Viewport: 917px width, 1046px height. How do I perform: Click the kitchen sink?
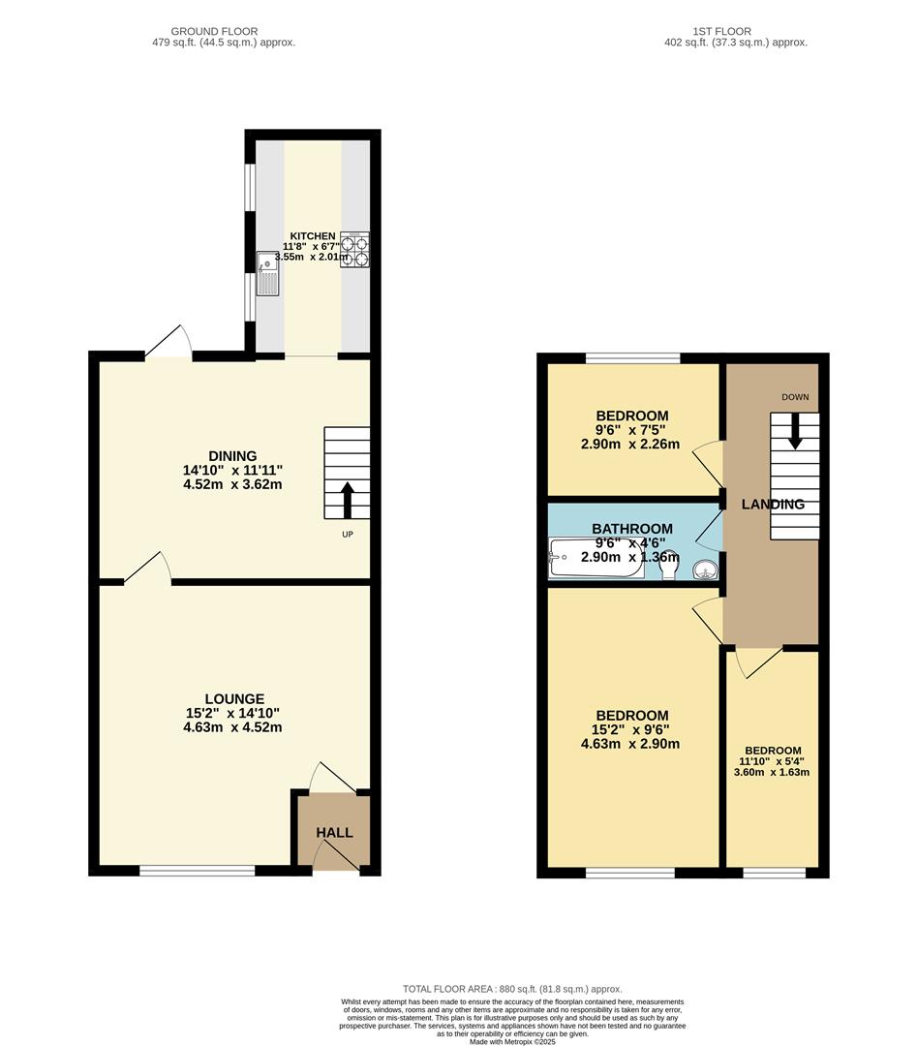[x=268, y=272]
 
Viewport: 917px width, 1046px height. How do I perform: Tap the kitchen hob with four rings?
[x=355, y=249]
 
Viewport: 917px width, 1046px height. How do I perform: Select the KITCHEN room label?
[x=312, y=236]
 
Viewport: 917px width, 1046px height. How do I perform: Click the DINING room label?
[x=232, y=456]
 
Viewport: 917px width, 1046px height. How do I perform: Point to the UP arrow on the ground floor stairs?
[x=347, y=501]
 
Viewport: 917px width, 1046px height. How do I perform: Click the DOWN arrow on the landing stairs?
[x=795, y=431]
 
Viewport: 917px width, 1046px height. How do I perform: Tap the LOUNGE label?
[x=234, y=698]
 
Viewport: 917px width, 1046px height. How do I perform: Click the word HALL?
[x=334, y=832]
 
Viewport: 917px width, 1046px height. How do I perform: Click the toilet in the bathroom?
[x=667, y=564]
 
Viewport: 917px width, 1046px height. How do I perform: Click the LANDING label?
[x=773, y=505]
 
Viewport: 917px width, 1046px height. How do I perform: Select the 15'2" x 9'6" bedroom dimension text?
[x=630, y=730]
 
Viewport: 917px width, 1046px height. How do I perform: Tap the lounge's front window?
[x=197, y=872]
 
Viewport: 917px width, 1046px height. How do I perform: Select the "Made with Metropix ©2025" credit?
[x=512, y=1041]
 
